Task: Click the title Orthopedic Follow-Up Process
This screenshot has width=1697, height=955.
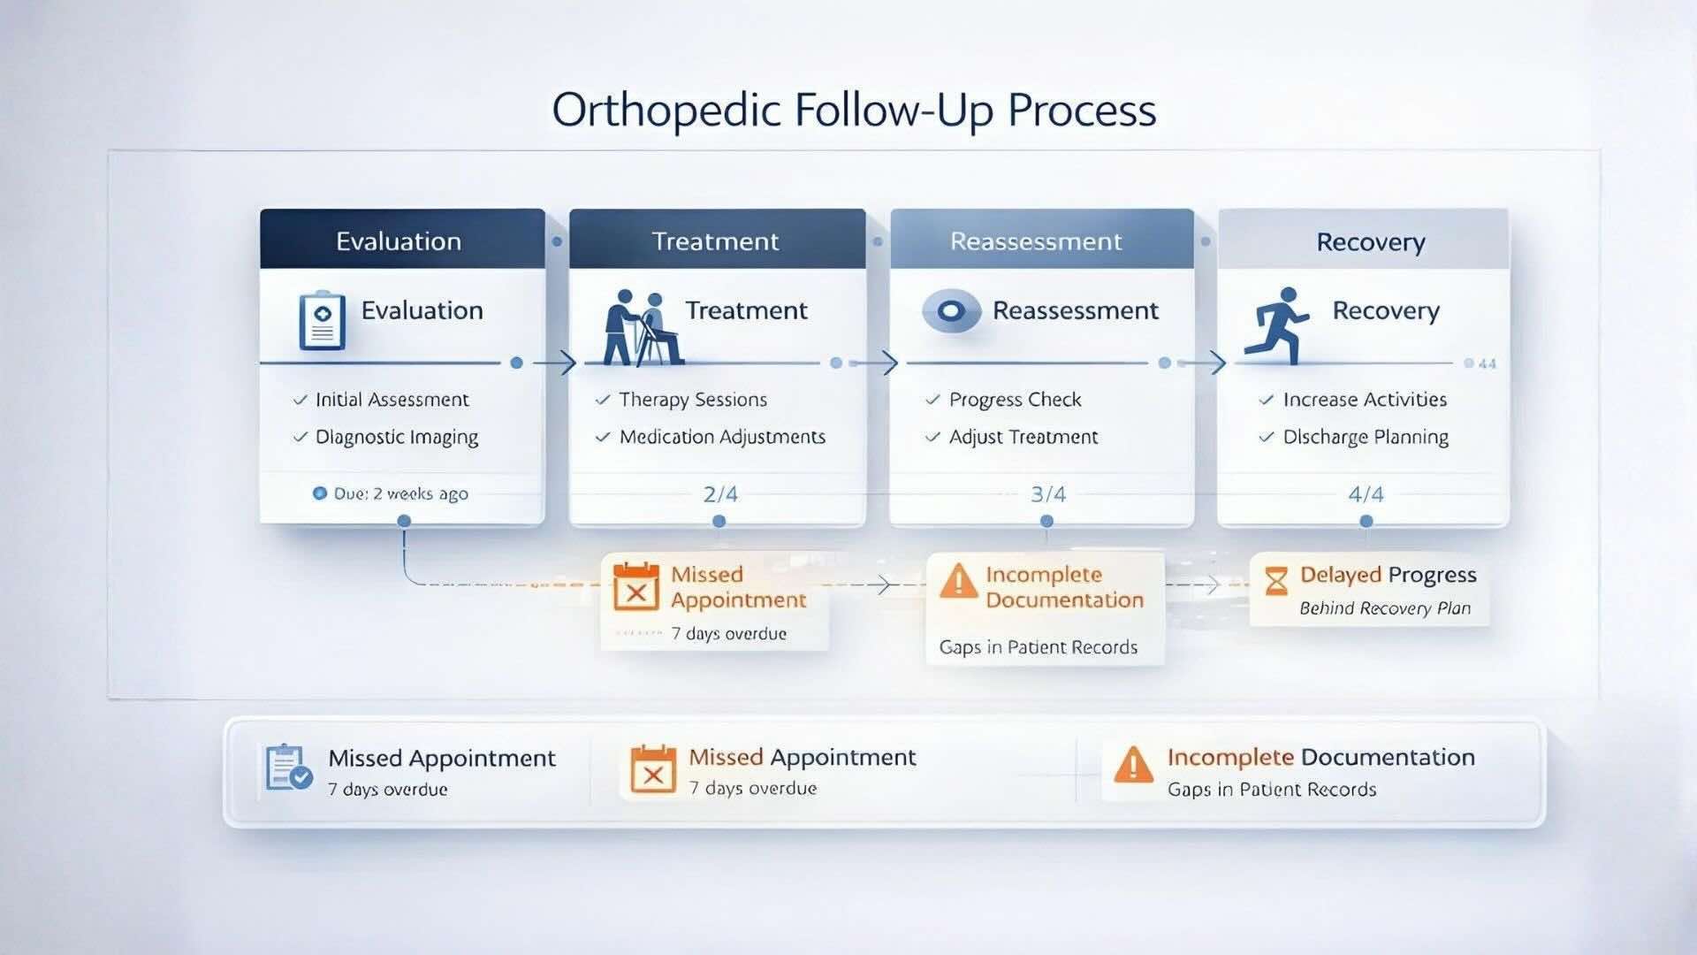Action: tap(854, 111)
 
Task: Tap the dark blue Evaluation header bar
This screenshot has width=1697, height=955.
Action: tap(401, 241)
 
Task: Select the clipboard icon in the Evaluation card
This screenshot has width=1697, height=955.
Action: tap(322, 320)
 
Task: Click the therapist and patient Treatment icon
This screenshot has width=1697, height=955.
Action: tap(643, 327)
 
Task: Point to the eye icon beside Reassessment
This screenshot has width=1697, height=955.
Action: tap(951, 311)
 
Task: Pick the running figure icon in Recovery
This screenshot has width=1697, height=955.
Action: tap(1276, 325)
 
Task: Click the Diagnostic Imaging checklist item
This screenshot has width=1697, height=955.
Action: tap(396, 438)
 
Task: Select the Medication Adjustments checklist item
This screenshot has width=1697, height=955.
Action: tap(721, 437)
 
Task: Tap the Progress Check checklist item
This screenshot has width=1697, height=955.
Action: tap(1014, 400)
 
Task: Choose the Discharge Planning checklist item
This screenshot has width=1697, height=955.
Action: tap(1365, 438)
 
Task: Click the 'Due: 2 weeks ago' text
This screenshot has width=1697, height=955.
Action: tap(400, 494)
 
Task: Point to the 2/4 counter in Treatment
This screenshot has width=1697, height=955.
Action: tap(720, 494)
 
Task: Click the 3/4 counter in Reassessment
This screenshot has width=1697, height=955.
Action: tap(1048, 494)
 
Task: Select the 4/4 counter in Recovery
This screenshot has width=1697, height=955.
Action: tap(1366, 494)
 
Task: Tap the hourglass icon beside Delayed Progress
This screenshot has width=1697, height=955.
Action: tap(1276, 581)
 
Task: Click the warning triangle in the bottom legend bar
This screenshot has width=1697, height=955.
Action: tap(1133, 765)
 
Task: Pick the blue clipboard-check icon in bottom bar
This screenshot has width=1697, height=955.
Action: tap(288, 768)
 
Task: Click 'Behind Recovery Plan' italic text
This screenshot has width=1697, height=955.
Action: tap(1384, 608)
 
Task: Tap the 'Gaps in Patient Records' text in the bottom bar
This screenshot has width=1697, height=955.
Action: tap(1271, 790)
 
